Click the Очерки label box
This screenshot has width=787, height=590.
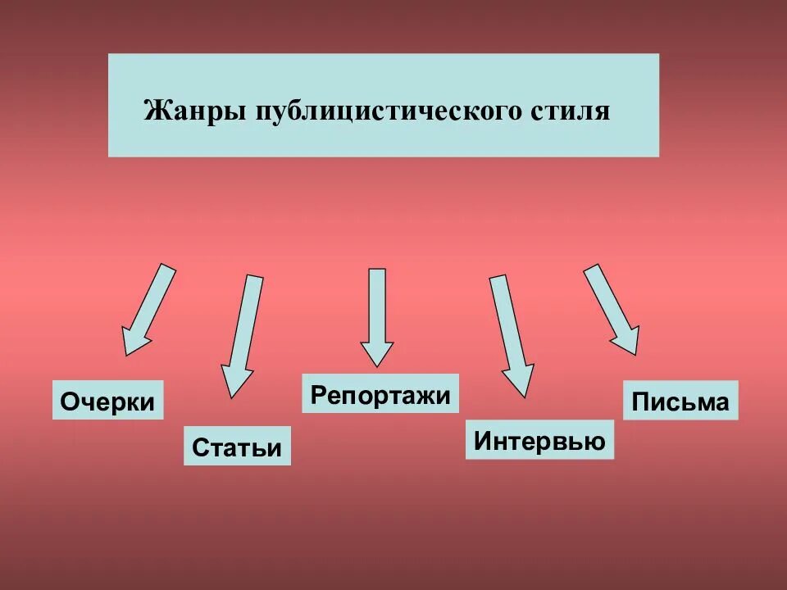tap(108, 401)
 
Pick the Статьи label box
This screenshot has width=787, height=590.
tap(237, 447)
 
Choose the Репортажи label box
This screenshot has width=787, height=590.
tap(380, 394)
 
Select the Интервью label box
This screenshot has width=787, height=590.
tap(539, 441)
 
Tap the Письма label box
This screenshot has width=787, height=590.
tap(680, 402)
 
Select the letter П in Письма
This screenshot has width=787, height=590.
tap(640, 402)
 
